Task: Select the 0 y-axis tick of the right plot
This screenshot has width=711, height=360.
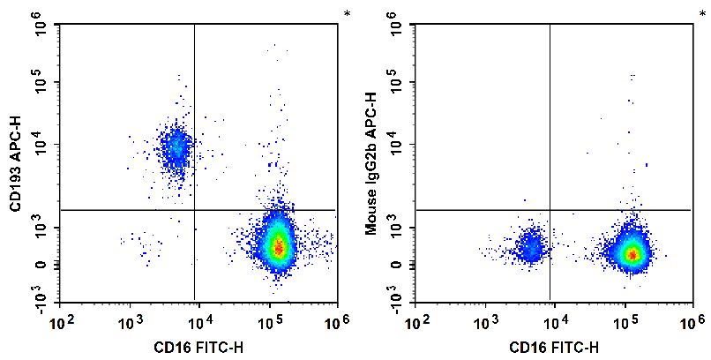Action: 396,265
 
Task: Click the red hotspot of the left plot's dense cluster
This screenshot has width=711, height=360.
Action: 279,248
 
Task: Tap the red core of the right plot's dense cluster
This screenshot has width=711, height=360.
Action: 632,255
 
